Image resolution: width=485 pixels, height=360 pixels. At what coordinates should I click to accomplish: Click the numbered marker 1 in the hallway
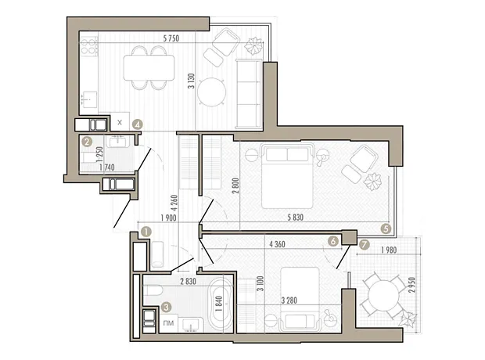point(145,232)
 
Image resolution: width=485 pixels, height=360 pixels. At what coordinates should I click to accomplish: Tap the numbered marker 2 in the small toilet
point(87,142)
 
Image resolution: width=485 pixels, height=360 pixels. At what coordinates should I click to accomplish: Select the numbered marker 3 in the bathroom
point(167,308)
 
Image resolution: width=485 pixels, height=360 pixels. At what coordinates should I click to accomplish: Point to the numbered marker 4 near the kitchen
point(138,124)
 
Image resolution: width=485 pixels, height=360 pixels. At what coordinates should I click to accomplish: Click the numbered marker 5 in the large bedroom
point(386,229)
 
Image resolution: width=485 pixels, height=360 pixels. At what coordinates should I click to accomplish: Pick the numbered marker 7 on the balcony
point(365,244)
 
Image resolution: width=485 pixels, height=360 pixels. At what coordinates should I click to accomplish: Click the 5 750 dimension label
point(171,38)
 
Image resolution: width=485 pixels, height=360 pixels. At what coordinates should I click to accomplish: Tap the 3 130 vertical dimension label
point(192,81)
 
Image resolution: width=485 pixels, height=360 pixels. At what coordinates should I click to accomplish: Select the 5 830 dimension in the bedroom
point(296,218)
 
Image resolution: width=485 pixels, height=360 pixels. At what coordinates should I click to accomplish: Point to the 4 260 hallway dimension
point(174,203)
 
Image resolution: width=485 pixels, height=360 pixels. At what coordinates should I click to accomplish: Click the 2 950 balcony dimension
point(411,285)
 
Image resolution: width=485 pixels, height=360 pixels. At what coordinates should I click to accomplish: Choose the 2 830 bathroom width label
point(188,282)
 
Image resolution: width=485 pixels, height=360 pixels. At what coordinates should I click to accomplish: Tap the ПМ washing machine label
point(168,323)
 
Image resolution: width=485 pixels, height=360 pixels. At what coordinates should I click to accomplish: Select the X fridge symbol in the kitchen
point(120,122)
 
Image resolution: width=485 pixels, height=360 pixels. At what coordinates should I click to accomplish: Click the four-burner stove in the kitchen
point(88,46)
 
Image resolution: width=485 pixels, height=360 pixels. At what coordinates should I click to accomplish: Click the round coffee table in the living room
point(211,92)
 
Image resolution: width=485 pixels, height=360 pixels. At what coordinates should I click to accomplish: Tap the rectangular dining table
point(149,68)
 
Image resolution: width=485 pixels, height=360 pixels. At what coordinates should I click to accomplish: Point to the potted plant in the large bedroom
point(372,181)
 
